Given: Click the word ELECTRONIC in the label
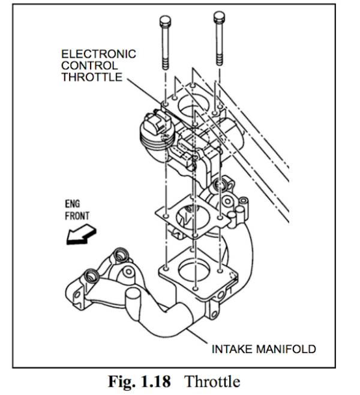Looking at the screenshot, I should tap(98, 54).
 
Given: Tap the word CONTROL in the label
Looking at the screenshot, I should tap(88, 65).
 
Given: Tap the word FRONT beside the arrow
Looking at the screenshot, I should tap(77, 215).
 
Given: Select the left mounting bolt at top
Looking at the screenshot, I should tap(164, 48).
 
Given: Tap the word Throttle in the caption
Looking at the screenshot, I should tap(212, 382).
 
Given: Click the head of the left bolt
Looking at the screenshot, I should tap(164, 22).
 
